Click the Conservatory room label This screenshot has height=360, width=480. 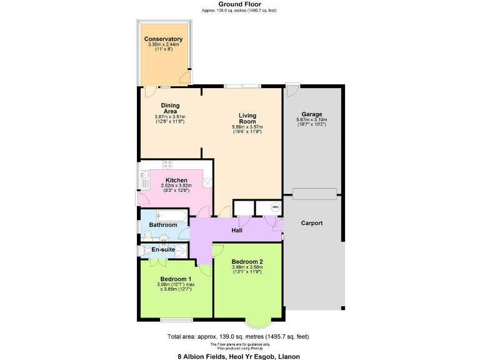click(x=163, y=39)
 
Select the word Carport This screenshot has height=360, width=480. click(x=311, y=223)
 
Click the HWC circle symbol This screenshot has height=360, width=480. click(x=275, y=207)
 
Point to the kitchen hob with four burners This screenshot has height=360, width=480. click(x=167, y=165)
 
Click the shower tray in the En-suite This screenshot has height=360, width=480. click(x=181, y=250)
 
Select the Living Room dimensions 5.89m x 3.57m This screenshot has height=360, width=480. click(x=247, y=127)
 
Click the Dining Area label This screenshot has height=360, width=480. click(x=170, y=109)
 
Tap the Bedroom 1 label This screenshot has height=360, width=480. click(x=176, y=279)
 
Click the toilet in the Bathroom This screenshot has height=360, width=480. click(x=147, y=235)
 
